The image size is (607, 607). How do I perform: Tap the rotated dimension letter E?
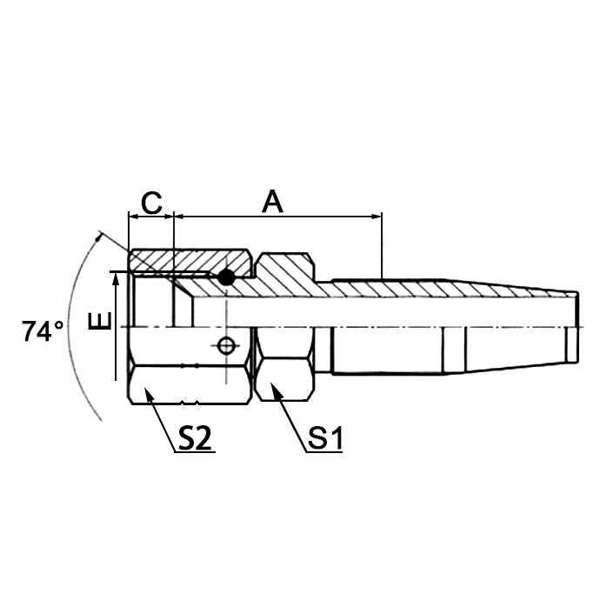(101, 323)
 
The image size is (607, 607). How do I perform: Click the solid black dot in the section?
(226, 277)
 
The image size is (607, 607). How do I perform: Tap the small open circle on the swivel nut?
(226, 346)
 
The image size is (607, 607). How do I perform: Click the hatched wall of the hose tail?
(435, 289)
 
